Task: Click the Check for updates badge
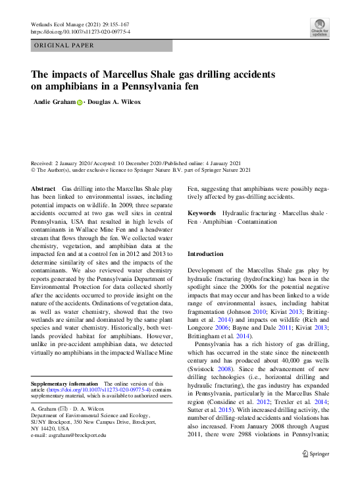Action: click(320, 27)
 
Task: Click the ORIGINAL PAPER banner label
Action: click(64, 45)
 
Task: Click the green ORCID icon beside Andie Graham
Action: click(80, 103)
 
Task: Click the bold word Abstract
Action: click(44, 189)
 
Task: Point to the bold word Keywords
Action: click(202, 213)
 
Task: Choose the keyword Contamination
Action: click(259, 222)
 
